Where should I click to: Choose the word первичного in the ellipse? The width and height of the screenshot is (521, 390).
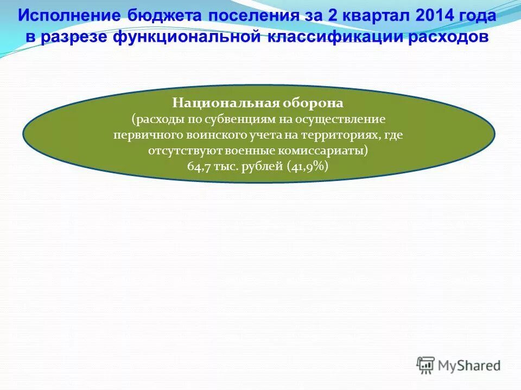click(x=142, y=135)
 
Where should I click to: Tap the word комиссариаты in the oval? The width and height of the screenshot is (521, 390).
click(x=328, y=151)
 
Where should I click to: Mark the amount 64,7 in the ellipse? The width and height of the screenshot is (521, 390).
click(x=199, y=167)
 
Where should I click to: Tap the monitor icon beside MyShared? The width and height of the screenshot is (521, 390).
click(x=425, y=365)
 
